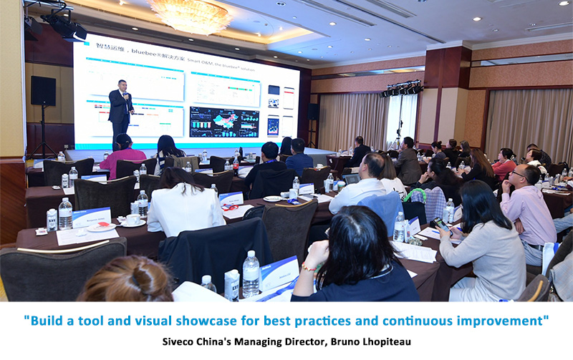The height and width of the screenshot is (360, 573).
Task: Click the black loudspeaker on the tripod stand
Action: pos(43,91)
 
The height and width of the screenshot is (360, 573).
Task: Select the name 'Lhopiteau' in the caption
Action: pos(386,342)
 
